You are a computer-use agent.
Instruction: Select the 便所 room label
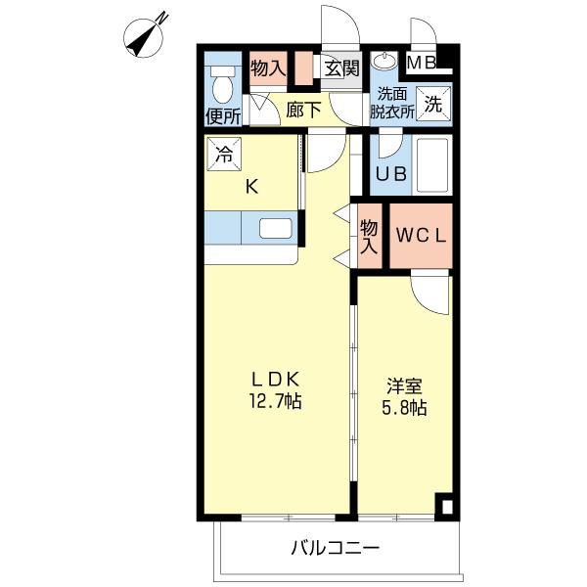coord(223,116)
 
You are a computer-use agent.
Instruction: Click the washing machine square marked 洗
coord(432,101)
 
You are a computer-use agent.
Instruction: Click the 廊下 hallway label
coord(304,110)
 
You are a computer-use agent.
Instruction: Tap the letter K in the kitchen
coord(251,187)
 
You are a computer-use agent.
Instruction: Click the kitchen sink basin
coord(276,230)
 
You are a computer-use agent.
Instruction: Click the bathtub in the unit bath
coord(431,164)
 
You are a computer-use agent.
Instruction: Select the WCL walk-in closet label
coord(422,236)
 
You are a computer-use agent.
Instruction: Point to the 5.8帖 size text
coord(403,408)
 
